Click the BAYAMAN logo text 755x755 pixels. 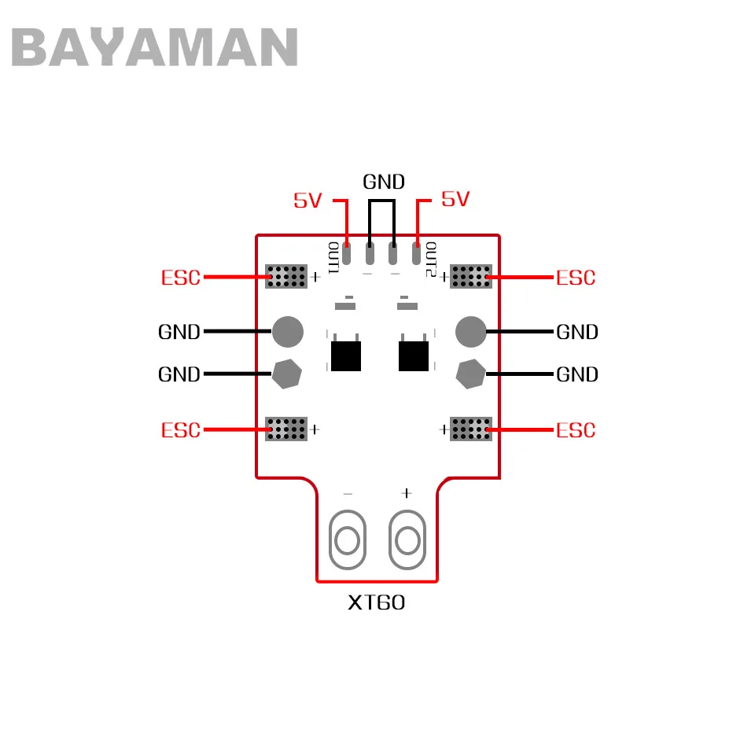[x=154, y=46]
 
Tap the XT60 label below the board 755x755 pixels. [x=377, y=602]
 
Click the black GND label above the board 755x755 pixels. [x=384, y=182]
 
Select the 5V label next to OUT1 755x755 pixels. [x=308, y=201]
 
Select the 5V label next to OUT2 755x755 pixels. [x=455, y=199]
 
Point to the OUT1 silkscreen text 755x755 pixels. [x=333, y=258]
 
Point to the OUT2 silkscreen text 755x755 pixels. [x=431, y=259]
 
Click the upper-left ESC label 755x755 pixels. [x=181, y=278]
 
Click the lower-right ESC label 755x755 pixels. [x=576, y=430]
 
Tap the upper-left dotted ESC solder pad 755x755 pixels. [x=286, y=276]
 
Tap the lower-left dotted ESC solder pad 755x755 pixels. [x=286, y=429]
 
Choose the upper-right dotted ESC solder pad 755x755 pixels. [x=471, y=276]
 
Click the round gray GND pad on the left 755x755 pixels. [x=288, y=332]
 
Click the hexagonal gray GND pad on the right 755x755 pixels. [x=471, y=374]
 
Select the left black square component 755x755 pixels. [x=346, y=355]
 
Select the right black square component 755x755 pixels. [x=414, y=355]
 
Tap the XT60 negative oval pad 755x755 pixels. [x=348, y=540]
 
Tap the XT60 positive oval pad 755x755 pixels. [x=407, y=540]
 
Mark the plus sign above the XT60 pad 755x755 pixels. [x=407, y=493]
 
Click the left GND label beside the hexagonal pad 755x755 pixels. [x=179, y=374]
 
